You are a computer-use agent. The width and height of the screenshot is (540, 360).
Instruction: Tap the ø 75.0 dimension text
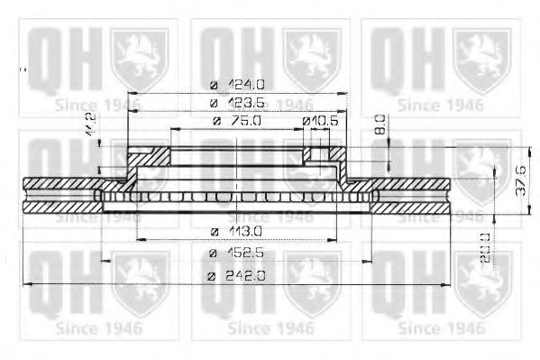click(x=237, y=121)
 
